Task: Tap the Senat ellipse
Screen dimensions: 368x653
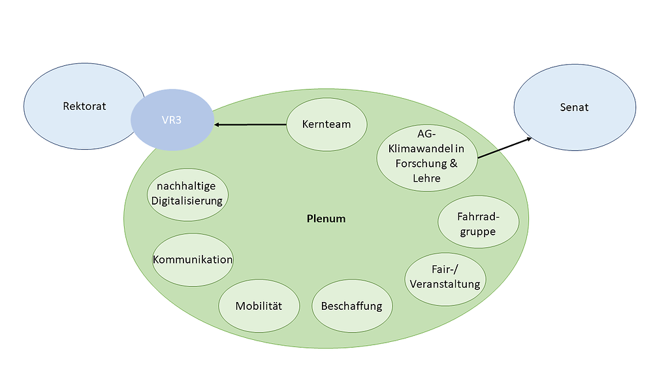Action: point(575,107)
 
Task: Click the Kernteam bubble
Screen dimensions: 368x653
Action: point(326,124)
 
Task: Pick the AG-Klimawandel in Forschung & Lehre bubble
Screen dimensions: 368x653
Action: point(427,156)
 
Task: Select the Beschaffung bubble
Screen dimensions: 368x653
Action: point(351,306)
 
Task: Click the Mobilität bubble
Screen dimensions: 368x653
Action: point(259,306)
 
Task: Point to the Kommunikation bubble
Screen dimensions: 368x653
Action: point(193,259)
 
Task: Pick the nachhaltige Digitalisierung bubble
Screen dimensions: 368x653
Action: point(187,193)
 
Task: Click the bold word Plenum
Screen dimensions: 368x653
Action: point(326,218)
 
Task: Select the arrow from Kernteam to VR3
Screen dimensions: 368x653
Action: point(251,124)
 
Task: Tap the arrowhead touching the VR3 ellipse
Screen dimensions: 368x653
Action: point(218,124)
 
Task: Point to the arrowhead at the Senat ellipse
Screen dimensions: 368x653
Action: point(528,139)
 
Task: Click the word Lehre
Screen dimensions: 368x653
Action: point(426,178)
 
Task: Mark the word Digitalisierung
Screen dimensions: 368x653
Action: point(187,201)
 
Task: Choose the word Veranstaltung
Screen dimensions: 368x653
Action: point(446,284)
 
